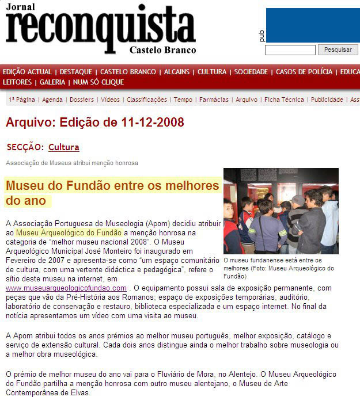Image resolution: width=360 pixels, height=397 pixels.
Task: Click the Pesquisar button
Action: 338,50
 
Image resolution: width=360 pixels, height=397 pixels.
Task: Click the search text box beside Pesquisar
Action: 290,50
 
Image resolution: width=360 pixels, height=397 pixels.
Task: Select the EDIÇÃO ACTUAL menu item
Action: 27,72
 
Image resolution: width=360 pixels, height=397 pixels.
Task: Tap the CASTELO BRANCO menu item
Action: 128,72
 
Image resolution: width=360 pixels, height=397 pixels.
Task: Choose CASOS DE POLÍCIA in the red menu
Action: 304,72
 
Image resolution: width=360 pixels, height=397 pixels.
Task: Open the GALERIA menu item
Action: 52,82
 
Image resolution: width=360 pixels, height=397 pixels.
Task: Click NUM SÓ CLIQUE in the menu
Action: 98,82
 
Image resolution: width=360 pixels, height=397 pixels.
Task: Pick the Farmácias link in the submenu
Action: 214,100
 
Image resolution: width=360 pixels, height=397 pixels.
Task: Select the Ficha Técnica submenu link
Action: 284,100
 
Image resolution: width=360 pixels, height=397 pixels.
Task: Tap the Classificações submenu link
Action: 146,100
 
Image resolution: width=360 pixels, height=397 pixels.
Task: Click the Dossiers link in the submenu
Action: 82,100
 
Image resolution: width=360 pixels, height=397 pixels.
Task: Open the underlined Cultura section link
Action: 64,147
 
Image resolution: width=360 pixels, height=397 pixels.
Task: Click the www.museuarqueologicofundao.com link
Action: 66,288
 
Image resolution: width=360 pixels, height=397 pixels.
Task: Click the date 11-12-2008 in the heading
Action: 153,123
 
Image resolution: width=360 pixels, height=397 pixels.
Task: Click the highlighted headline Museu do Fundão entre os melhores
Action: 112,186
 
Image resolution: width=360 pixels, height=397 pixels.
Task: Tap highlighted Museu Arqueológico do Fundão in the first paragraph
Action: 69,232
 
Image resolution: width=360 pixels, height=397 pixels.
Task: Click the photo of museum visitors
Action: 281,211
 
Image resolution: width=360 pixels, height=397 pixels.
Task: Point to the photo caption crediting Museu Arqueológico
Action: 278,268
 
